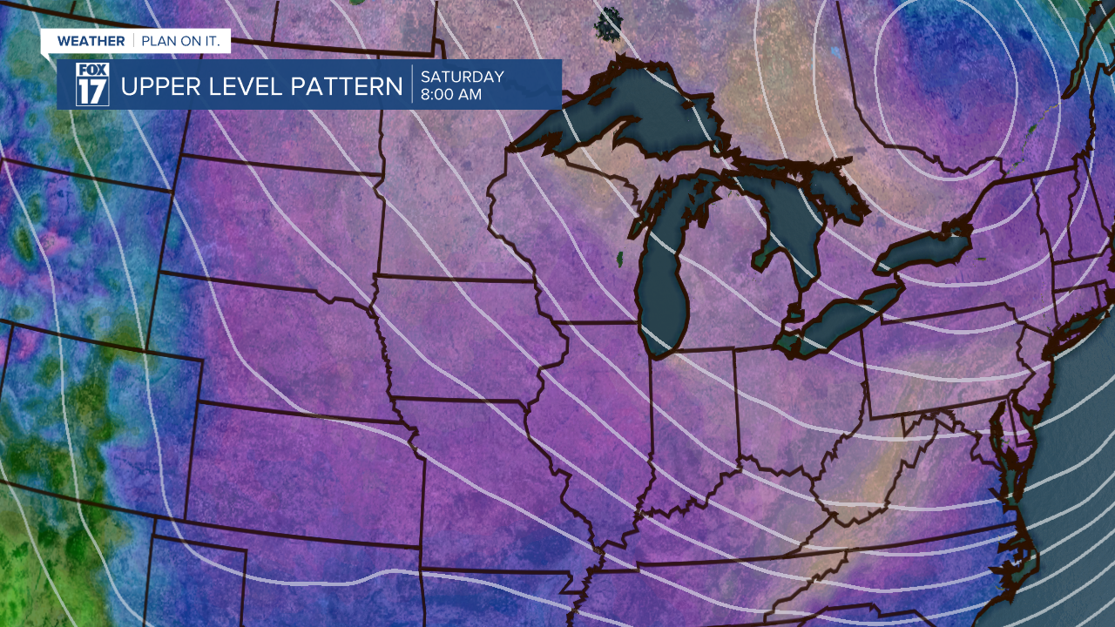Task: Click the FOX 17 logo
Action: pyautogui.click(x=91, y=84)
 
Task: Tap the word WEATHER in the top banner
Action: pyautogui.click(x=91, y=41)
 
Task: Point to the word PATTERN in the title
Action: pyautogui.click(x=356, y=87)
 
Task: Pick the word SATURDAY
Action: pyautogui.click(x=462, y=77)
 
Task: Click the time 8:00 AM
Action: pyautogui.click(x=451, y=95)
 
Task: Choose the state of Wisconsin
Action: pyautogui.click(x=549, y=226)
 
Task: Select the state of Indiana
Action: pyautogui.click(x=693, y=409)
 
